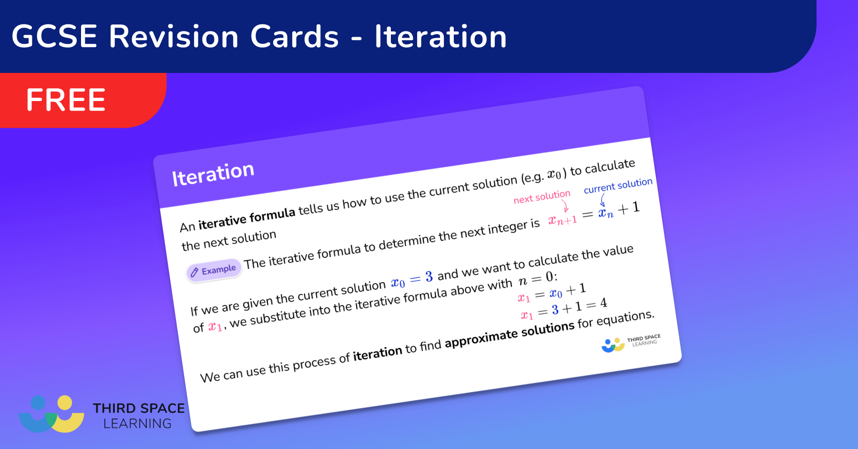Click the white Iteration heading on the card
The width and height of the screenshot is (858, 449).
[213, 174]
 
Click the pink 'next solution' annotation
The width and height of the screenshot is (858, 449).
[542, 197]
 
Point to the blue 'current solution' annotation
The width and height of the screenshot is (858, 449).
[618, 185]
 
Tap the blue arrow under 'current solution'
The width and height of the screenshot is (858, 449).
[603, 200]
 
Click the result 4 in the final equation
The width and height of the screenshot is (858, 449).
[603, 303]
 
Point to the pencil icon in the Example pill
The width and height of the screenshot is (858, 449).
[194, 272]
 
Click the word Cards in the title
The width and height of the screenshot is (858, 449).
[295, 37]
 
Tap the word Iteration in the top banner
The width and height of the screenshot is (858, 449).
[440, 37]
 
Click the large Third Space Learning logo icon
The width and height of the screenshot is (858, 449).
[51, 414]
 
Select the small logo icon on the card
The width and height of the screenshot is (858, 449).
[613, 345]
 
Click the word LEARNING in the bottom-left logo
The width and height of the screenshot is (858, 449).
[137, 423]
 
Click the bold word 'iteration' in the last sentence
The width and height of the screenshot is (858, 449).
[378, 353]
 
